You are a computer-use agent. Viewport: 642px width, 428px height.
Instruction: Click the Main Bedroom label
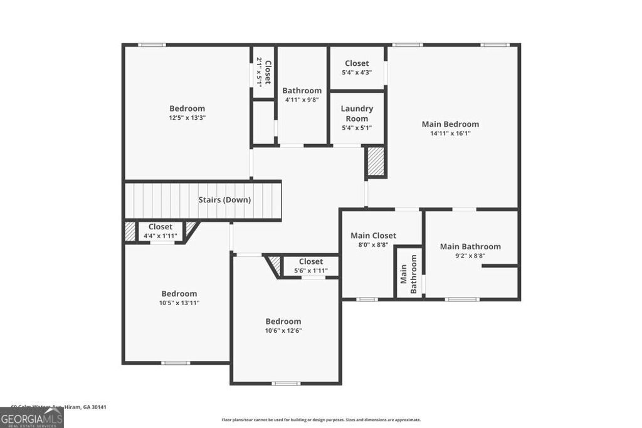[450, 124]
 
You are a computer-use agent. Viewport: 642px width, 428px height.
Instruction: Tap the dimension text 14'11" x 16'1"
[450, 133]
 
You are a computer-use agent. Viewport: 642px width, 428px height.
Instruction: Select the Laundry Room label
[357, 113]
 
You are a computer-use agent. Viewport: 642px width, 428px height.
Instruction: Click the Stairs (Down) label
[224, 200]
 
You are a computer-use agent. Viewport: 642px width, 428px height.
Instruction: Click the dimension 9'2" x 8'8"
[470, 256]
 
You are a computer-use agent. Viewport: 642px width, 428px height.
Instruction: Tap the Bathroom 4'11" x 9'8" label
[302, 90]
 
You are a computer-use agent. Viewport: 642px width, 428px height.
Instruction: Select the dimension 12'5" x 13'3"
[187, 118]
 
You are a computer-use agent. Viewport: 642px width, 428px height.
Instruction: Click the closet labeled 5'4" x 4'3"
[357, 63]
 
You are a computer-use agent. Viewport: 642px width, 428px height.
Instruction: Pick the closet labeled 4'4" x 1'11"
[160, 227]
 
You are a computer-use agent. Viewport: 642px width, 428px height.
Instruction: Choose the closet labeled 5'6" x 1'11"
[311, 261]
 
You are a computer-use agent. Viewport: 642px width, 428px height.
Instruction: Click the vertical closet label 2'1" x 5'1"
[263, 72]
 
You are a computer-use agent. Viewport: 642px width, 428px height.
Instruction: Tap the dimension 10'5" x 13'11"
[179, 303]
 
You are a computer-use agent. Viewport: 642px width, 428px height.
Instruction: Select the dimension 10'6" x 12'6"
[283, 331]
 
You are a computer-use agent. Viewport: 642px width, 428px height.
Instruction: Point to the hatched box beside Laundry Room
[376, 162]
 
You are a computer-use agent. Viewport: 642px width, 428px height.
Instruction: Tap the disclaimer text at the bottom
[321, 420]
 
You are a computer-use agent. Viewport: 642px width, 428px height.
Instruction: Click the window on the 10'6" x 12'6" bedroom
[286, 383]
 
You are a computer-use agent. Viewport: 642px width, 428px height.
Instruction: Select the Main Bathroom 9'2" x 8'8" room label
[470, 246]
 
